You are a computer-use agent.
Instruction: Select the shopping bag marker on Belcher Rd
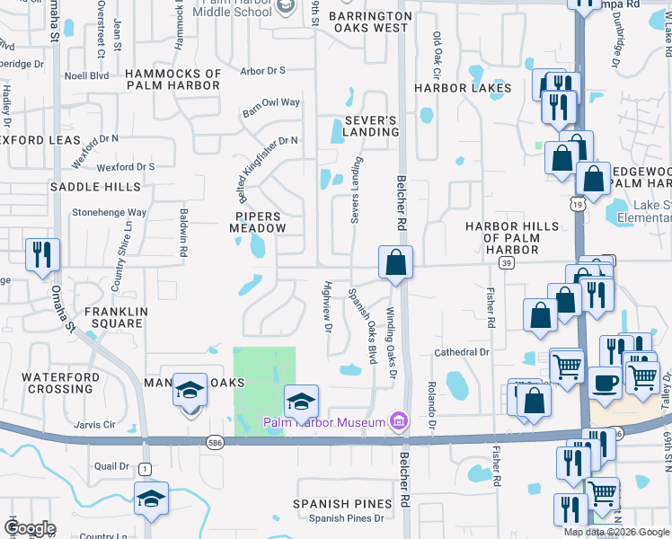[x=395, y=263]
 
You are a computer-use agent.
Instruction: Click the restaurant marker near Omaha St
[x=42, y=255]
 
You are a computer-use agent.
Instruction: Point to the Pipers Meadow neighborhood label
[x=259, y=223]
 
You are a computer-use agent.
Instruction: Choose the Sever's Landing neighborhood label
[x=370, y=126]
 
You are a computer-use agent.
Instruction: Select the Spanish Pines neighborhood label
[x=342, y=504]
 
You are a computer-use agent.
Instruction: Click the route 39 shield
[x=507, y=262]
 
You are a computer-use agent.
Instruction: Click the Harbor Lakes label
[x=462, y=88]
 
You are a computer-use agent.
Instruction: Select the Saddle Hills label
[x=95, y=187]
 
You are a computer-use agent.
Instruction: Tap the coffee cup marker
[x=606, y=382]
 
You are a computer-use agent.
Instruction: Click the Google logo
[x=29, y=528]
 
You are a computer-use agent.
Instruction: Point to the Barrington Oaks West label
[x=368, y=22]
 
